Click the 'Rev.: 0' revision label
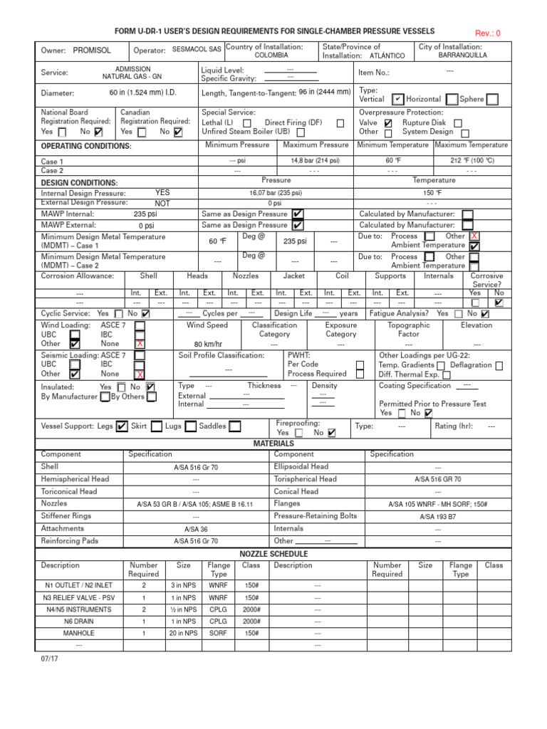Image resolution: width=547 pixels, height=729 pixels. (488, 33)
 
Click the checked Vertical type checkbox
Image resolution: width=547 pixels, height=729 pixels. (398, 100)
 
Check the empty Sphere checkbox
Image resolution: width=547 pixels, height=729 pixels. (492, 100)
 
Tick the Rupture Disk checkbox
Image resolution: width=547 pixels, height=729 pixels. (458, 123)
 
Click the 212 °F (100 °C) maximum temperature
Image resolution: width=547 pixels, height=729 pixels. (472, 161)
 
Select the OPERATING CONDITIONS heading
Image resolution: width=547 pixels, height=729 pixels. (86, 146)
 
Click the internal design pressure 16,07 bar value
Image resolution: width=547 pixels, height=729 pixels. (276, 193)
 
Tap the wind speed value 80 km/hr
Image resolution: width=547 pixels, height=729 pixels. (208, 344)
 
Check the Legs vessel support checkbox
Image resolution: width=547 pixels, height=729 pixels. (122, 426)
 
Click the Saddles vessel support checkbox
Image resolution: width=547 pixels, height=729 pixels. (234, 426)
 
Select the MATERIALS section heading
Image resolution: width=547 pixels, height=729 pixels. (273, 444)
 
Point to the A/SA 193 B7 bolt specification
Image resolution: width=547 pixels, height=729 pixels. (437, 517)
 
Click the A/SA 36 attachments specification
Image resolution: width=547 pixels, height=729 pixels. (196, 529)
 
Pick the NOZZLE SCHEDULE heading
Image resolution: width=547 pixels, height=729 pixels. (273, 553)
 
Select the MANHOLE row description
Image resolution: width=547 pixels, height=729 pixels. (78, 632)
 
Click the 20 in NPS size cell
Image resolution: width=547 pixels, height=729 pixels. (183, 632)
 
